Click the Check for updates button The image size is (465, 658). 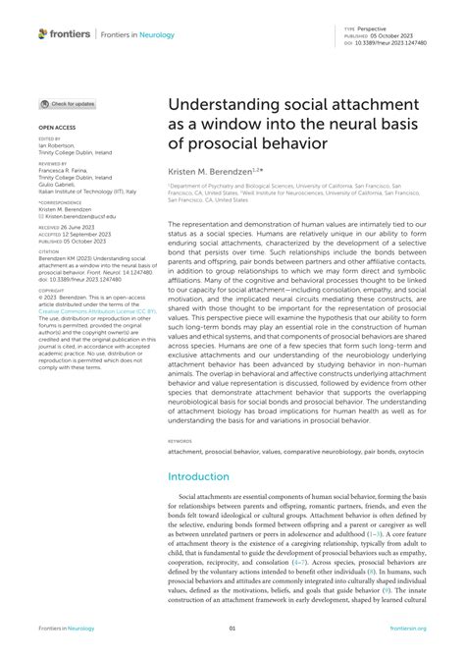point(68,103)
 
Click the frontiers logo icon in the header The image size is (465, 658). point(43,33)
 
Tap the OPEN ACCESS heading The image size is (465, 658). point(59,128)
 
